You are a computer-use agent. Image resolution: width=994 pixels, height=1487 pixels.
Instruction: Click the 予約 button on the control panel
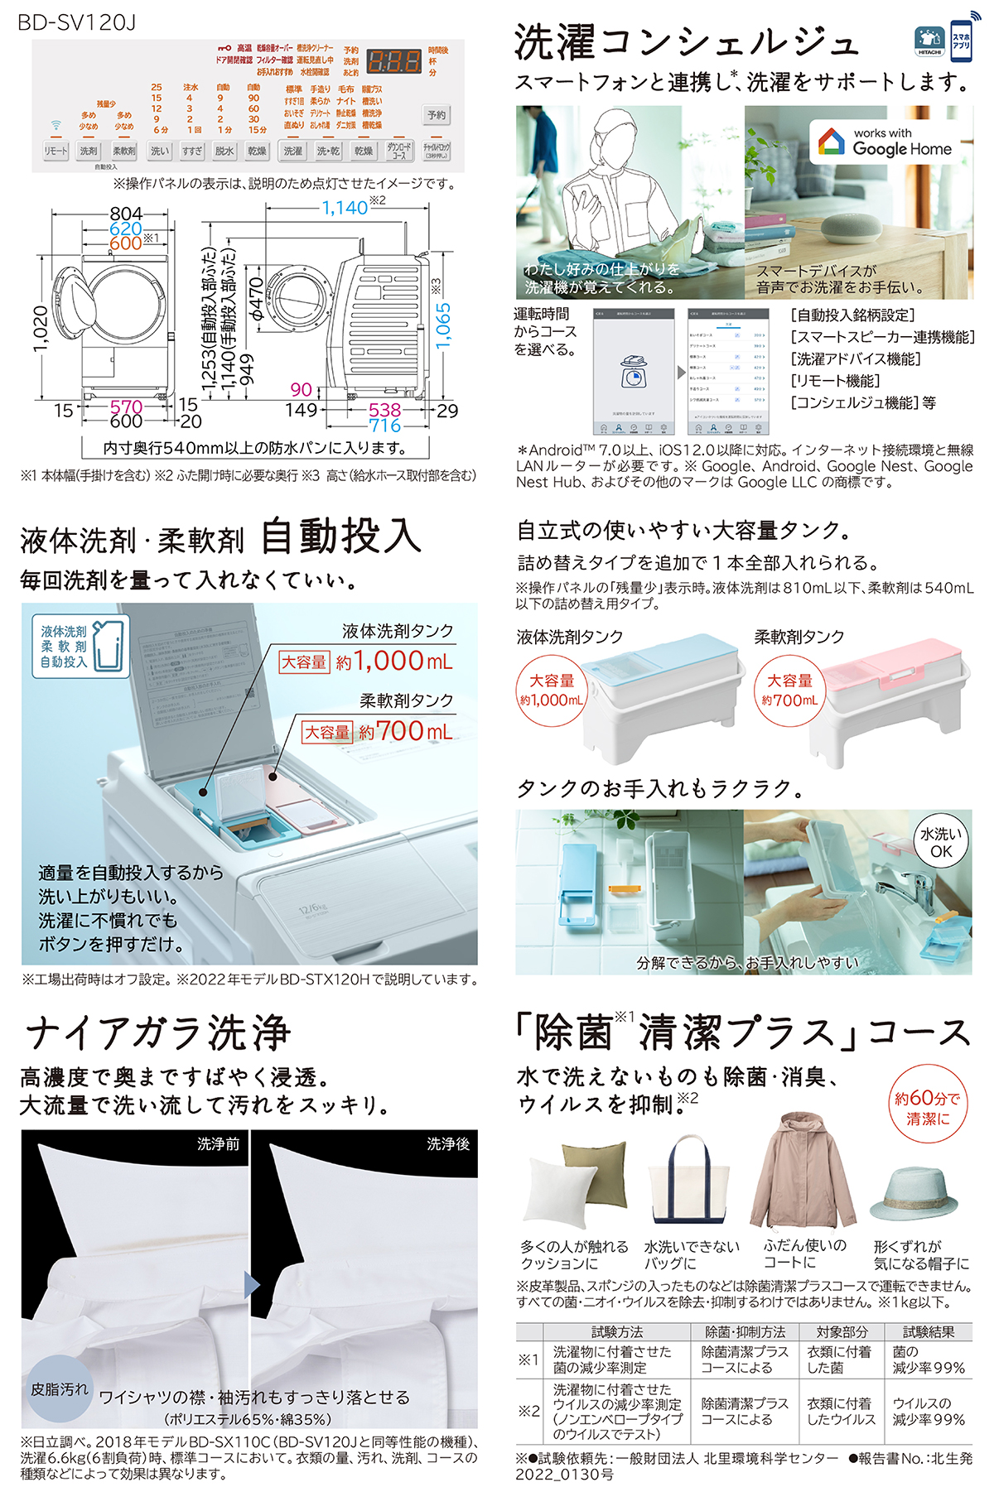tap(437, 115)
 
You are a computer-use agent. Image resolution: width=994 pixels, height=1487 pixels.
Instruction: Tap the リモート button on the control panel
tap(56, 152)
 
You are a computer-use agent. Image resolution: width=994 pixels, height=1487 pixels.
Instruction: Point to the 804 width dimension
tap(126, 214)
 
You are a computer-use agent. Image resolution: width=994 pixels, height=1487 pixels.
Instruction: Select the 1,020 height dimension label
tap(41, 329)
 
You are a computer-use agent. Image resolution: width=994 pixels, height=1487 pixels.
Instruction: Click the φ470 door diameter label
tap(258, 299)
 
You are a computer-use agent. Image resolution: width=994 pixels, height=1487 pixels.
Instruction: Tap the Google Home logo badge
tap(884, 142)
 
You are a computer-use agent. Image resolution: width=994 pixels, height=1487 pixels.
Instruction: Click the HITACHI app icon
tap(929, 40)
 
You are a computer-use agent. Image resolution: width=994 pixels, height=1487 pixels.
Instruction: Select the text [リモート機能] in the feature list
tap(836, 381)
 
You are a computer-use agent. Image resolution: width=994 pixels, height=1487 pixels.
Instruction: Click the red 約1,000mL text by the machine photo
tap(393, 661)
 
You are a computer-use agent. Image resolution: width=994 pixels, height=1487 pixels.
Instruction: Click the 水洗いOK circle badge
tap(941, 843)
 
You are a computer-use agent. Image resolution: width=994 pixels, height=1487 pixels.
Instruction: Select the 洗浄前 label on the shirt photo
tap(218, 1143)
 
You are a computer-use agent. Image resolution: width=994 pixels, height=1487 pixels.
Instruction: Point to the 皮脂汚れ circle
tap(60, 1388)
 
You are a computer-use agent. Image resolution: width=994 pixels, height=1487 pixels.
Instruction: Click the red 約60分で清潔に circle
tap(927, 1108)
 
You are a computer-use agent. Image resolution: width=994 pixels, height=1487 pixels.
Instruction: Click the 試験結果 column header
tap(928, 1332)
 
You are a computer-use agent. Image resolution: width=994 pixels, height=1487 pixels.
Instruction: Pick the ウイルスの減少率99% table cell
tap(929, 1411)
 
